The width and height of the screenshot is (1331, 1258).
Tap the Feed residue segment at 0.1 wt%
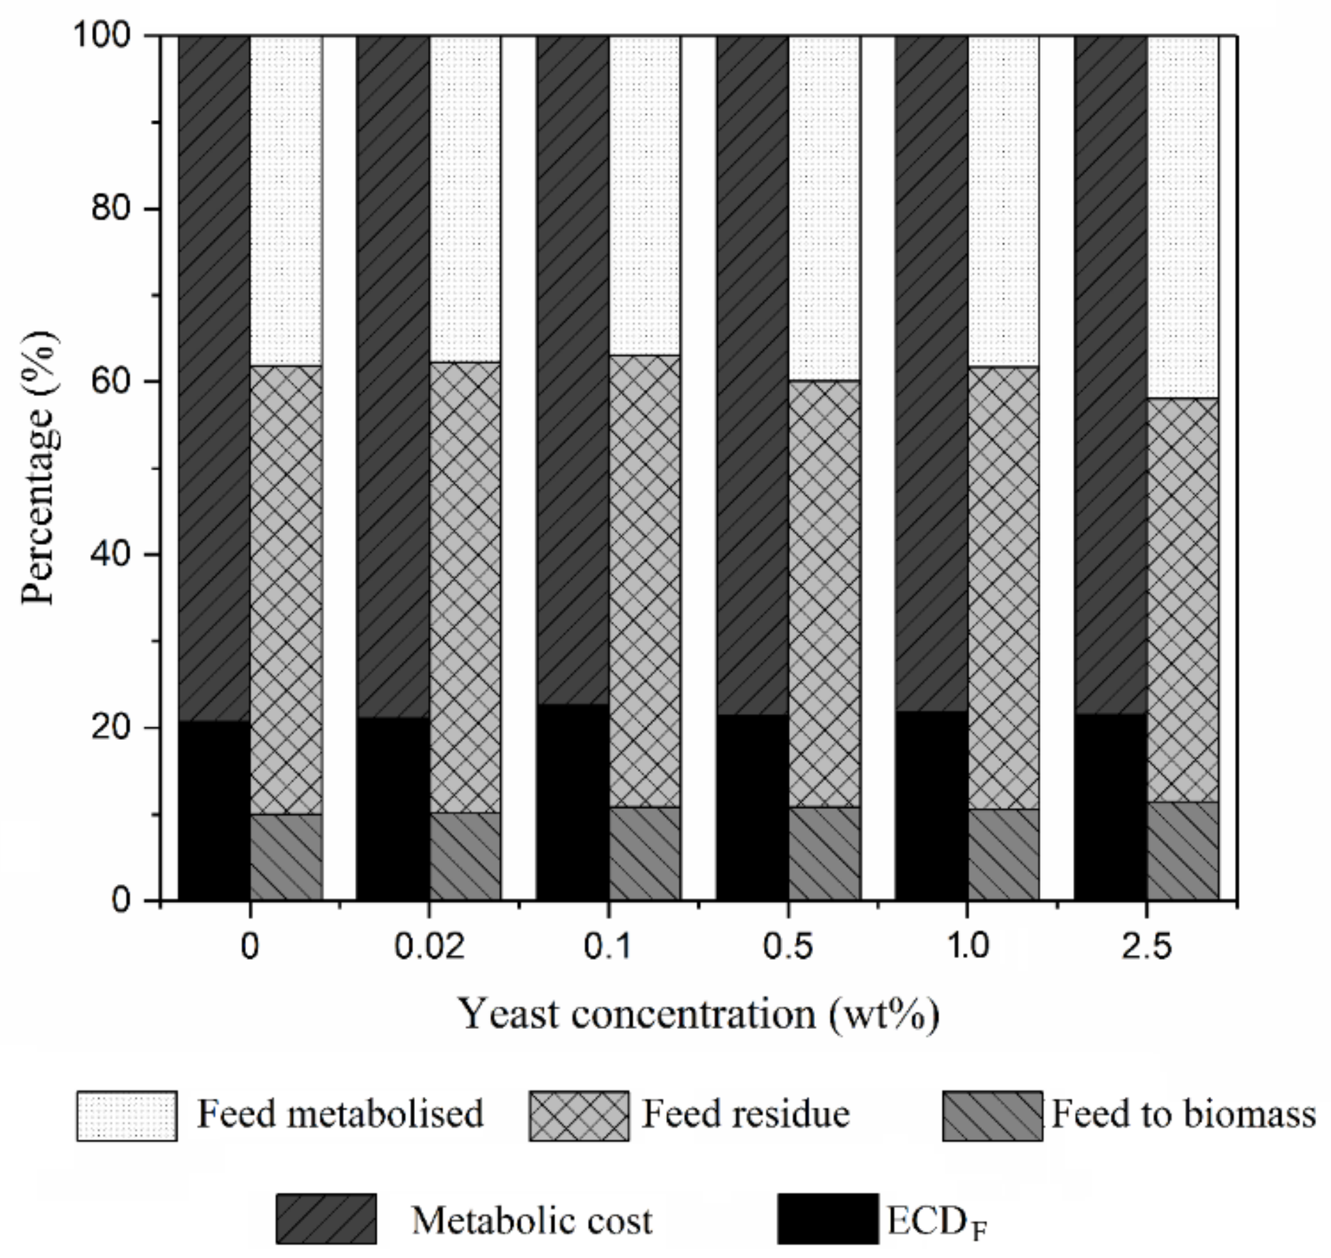pyautogui.click(x=645, y=580)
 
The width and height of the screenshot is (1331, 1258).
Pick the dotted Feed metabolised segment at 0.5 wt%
pyautogui.click(x=824, y=208)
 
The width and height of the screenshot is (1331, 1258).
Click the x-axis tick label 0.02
pyautogui.click(x=429, y=947)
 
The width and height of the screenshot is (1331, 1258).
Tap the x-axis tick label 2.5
pyautogui.click(x=1147, y=947)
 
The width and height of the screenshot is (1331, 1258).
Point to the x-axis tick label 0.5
pyautogui.click(x=789, y=947)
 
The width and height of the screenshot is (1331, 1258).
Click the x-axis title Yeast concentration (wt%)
pyautogui.click(x=698, y=1014)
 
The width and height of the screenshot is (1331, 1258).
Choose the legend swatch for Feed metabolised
pyautogui.click(x=127, y=1116)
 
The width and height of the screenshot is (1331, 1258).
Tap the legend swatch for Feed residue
pyautogui.click(x=579, y=1116)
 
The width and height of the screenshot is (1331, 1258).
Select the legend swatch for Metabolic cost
pyautogui.click(x=326, y=1218)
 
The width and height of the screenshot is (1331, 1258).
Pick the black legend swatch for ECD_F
pyautogui.click(x=827, y=1218)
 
